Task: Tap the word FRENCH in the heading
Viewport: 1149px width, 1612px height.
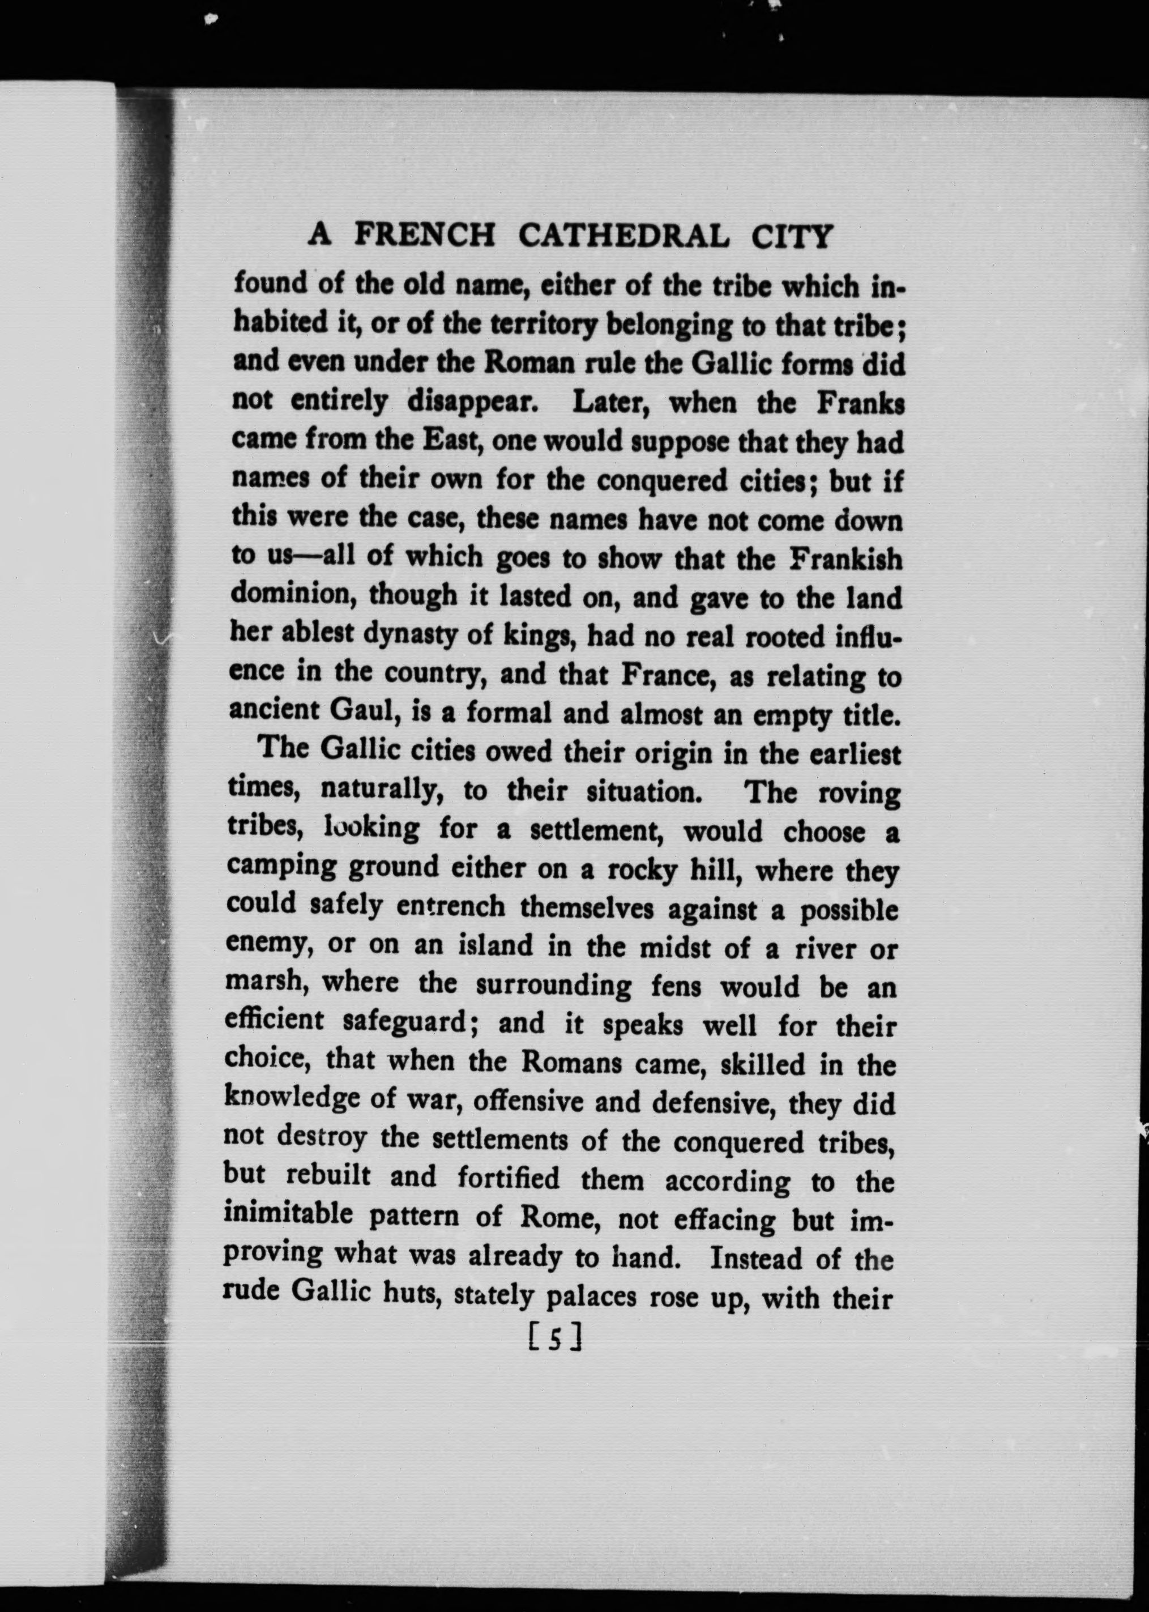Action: pos(425,234)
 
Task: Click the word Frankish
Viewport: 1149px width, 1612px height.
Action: pos(845,559)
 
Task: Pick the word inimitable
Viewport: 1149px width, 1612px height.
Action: pos(288,1214)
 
